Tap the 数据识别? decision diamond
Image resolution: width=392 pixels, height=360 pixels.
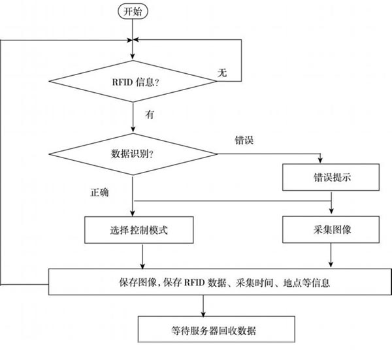point(133,155)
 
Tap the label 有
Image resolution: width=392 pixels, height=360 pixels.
point(150,114)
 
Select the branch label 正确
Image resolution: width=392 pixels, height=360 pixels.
point(99,193)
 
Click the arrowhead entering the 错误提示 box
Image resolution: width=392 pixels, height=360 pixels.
point(320,161)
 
